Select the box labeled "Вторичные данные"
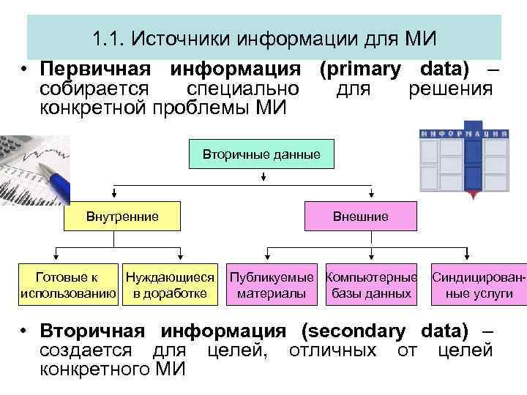pyautogui.click(x=261, y=155)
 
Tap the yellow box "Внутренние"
pyautogui.click(x=122, y=217)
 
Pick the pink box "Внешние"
pyautogui.click(x=361, y=217)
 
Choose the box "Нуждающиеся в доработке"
pyautogui.click(x=170, y=285)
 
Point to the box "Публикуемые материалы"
pyautogui.click(x=272, y=285)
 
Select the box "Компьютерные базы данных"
pyautogui.click(x=371, y=285)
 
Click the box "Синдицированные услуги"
pyautogui.click(x=479, y=285)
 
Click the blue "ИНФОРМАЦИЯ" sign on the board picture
pyautogui.click(x=464, y=134)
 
